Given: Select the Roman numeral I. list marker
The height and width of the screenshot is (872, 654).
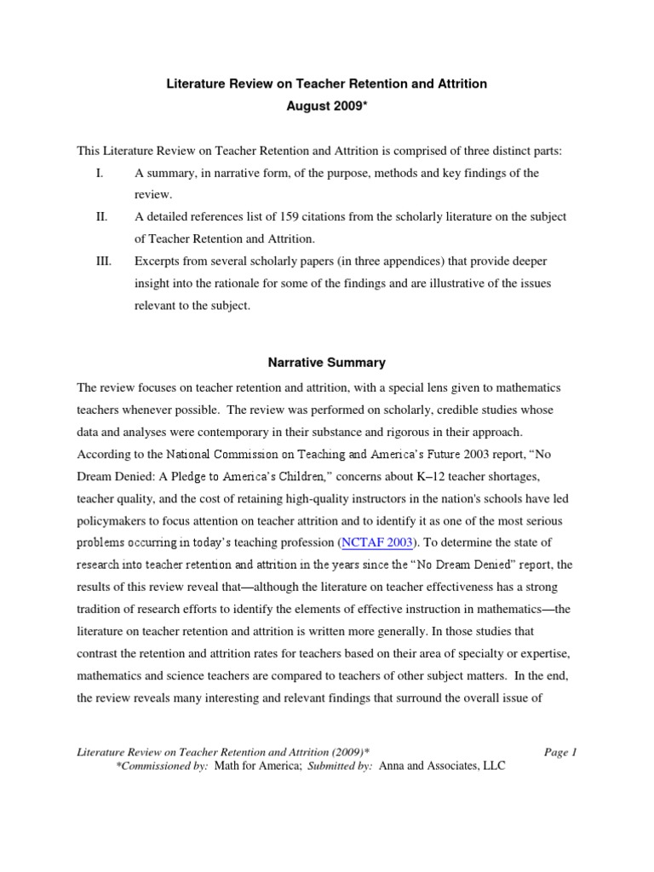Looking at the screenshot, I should click(99, 173).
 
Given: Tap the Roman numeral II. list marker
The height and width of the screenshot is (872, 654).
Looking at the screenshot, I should click(101, 217).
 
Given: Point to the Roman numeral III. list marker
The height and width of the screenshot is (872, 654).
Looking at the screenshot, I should click(104, 261).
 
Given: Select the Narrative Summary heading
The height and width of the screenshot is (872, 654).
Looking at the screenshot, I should click(327, 362).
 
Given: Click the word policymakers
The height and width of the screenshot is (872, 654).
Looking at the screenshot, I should click(115, 519).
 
